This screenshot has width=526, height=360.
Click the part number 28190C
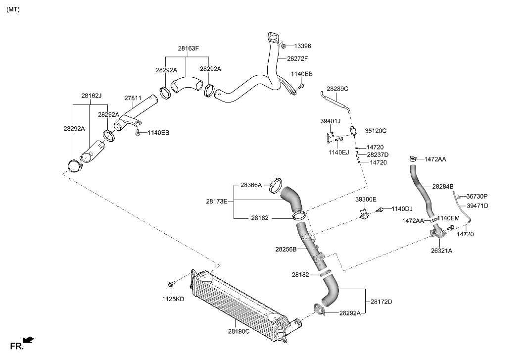239,331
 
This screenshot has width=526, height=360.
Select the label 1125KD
173,299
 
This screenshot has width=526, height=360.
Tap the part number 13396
302,46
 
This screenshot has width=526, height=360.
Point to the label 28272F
297,58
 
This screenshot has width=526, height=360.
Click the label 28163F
188,49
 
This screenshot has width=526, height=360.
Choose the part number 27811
133,98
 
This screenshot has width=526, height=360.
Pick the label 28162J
92,96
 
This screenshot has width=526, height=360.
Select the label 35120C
376,131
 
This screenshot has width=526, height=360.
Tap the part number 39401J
330,121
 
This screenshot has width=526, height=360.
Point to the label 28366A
251,185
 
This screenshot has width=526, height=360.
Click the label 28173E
217,201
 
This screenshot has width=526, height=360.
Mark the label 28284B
443,187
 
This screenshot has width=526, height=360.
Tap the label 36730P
477,196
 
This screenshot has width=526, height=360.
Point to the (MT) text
13,9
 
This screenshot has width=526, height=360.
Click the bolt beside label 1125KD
172,284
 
